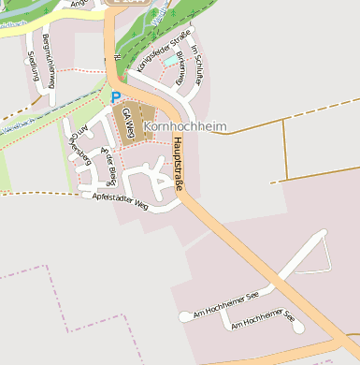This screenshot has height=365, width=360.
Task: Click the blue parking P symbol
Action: point(115,96)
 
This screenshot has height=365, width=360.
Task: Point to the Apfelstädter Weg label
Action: point(121,199)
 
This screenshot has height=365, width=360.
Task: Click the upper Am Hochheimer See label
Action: point(224,305)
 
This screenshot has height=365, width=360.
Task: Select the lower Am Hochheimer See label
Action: point(263,323)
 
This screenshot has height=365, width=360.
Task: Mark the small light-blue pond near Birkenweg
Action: point(168,61)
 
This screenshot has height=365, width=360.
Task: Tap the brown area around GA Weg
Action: point(137,122)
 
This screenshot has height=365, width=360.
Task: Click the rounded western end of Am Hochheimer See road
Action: point(184,317)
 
